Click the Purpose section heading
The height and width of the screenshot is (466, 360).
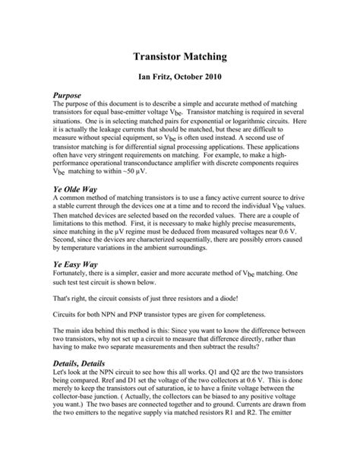pos(70,95)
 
